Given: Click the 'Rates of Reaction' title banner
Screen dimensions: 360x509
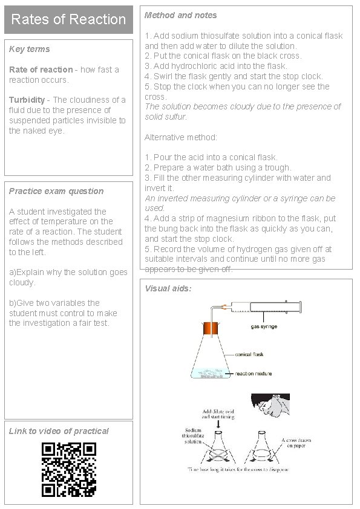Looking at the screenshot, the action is (x=68, y=19).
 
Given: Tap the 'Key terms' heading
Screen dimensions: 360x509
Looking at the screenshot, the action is (x=29, y=49).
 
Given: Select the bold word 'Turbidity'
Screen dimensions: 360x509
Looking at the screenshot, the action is (x=27, y=100).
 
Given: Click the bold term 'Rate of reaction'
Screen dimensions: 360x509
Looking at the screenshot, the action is (x=41, y=70).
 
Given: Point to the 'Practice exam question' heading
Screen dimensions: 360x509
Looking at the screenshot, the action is (x=56, y=191).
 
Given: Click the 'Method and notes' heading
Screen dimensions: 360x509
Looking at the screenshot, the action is (x=181, y=15).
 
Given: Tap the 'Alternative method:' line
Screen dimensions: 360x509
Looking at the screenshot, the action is (x=181, y=137).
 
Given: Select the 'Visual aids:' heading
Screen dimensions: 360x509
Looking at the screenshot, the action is (x=168, y=288).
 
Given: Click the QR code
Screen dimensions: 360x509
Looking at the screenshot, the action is (x=69, y=469).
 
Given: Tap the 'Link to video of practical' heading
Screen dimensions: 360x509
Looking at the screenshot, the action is (x=59, y=431).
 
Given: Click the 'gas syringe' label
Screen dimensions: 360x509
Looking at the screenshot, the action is (x=264, y=326).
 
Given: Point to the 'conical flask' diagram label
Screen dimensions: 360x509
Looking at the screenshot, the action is (x=249, y=354).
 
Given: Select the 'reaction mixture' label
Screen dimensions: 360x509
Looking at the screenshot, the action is (x=254, y=374).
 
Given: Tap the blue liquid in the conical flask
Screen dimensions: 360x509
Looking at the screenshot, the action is (x=211, y=374).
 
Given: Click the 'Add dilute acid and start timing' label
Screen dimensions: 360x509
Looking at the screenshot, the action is (x=218, y=414).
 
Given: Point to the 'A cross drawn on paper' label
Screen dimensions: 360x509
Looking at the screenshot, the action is (x=296, y=443).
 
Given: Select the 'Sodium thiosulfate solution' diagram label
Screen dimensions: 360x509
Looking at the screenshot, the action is (x=193, y=436).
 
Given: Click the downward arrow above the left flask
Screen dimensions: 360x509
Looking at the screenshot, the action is (x=218, y=424).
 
